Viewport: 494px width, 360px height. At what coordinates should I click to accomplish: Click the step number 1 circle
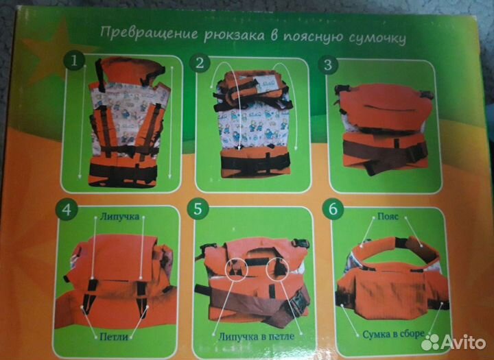(x=74, y=62)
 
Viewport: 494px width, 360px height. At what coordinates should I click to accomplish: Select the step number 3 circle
(x=331, y=64)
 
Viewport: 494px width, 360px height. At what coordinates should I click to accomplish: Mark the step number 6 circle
(x=333, y=210)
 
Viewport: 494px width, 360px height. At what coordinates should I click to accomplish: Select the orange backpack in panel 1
(x=128, y=123)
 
